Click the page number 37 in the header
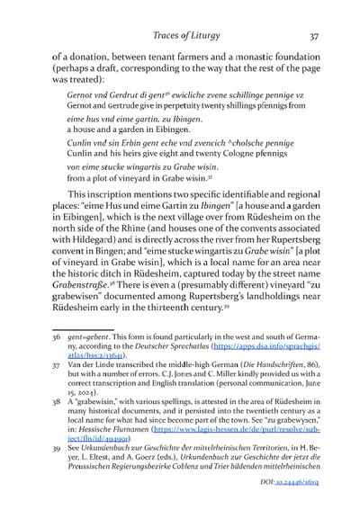coord(311,37)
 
